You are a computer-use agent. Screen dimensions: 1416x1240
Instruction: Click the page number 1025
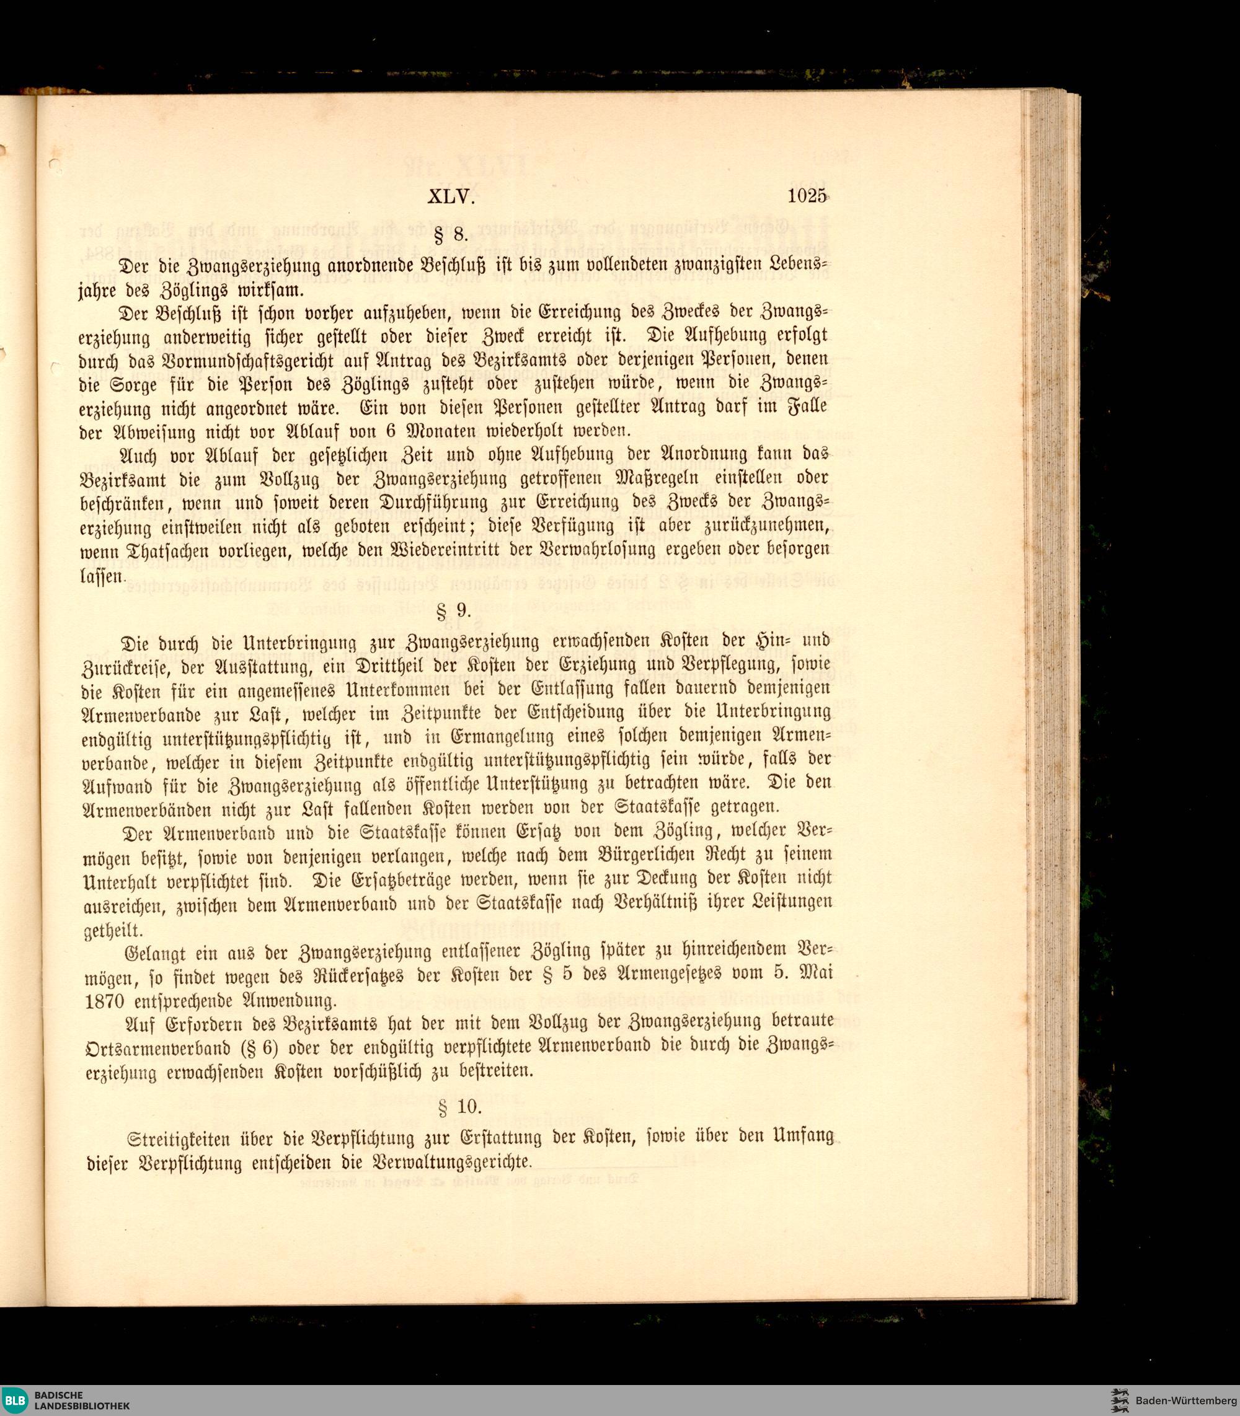click(807, 196)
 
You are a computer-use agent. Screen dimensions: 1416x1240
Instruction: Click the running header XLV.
click(451, 197)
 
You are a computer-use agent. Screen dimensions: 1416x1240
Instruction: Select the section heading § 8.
click(451, 236)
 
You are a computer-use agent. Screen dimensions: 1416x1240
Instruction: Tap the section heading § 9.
click(454, 611)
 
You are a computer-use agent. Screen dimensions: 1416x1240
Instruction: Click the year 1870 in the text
click(104, 1001)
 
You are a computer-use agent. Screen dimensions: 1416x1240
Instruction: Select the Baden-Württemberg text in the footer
click(1185, 1401)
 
